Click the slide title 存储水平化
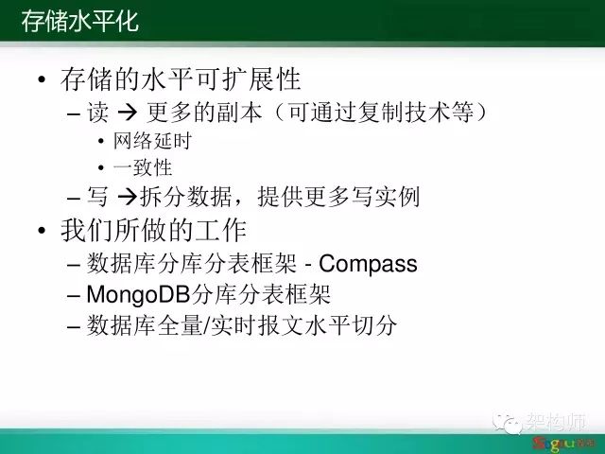coord(79,21)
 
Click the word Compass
coord(368,264)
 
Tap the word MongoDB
coord(138,295)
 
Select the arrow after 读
coord(128,113)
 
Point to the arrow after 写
coord(128,197)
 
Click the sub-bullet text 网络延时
coord(152,141)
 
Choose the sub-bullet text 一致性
coord(143,168)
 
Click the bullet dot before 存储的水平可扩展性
coord(42,79)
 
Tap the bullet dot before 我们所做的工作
coord(42,231)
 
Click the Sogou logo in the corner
coord(559,444)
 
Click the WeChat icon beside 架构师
coord(508,423)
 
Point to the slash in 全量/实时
coord(206,325)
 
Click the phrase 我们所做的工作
coord(153,231)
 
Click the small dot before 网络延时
coord(101,141)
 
